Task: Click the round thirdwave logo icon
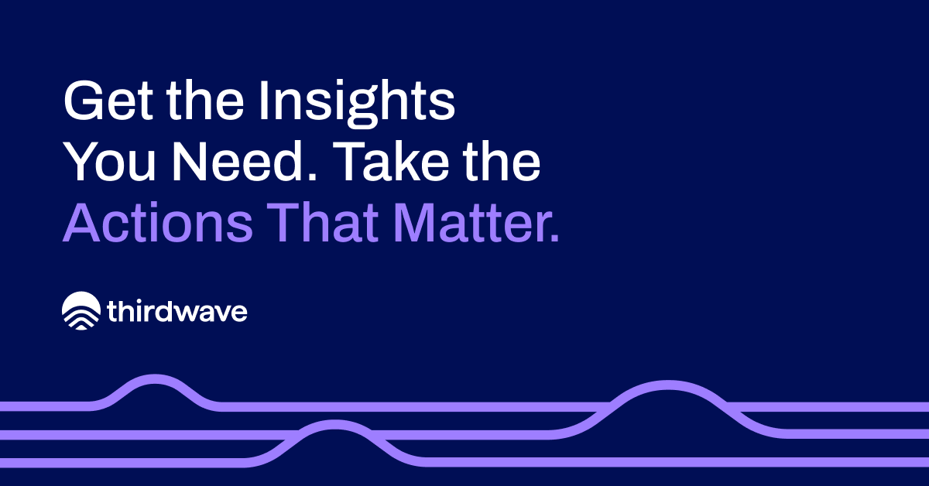tap(81, 311)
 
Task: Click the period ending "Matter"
tap(553, 238)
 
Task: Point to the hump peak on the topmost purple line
tap(156, 378)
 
